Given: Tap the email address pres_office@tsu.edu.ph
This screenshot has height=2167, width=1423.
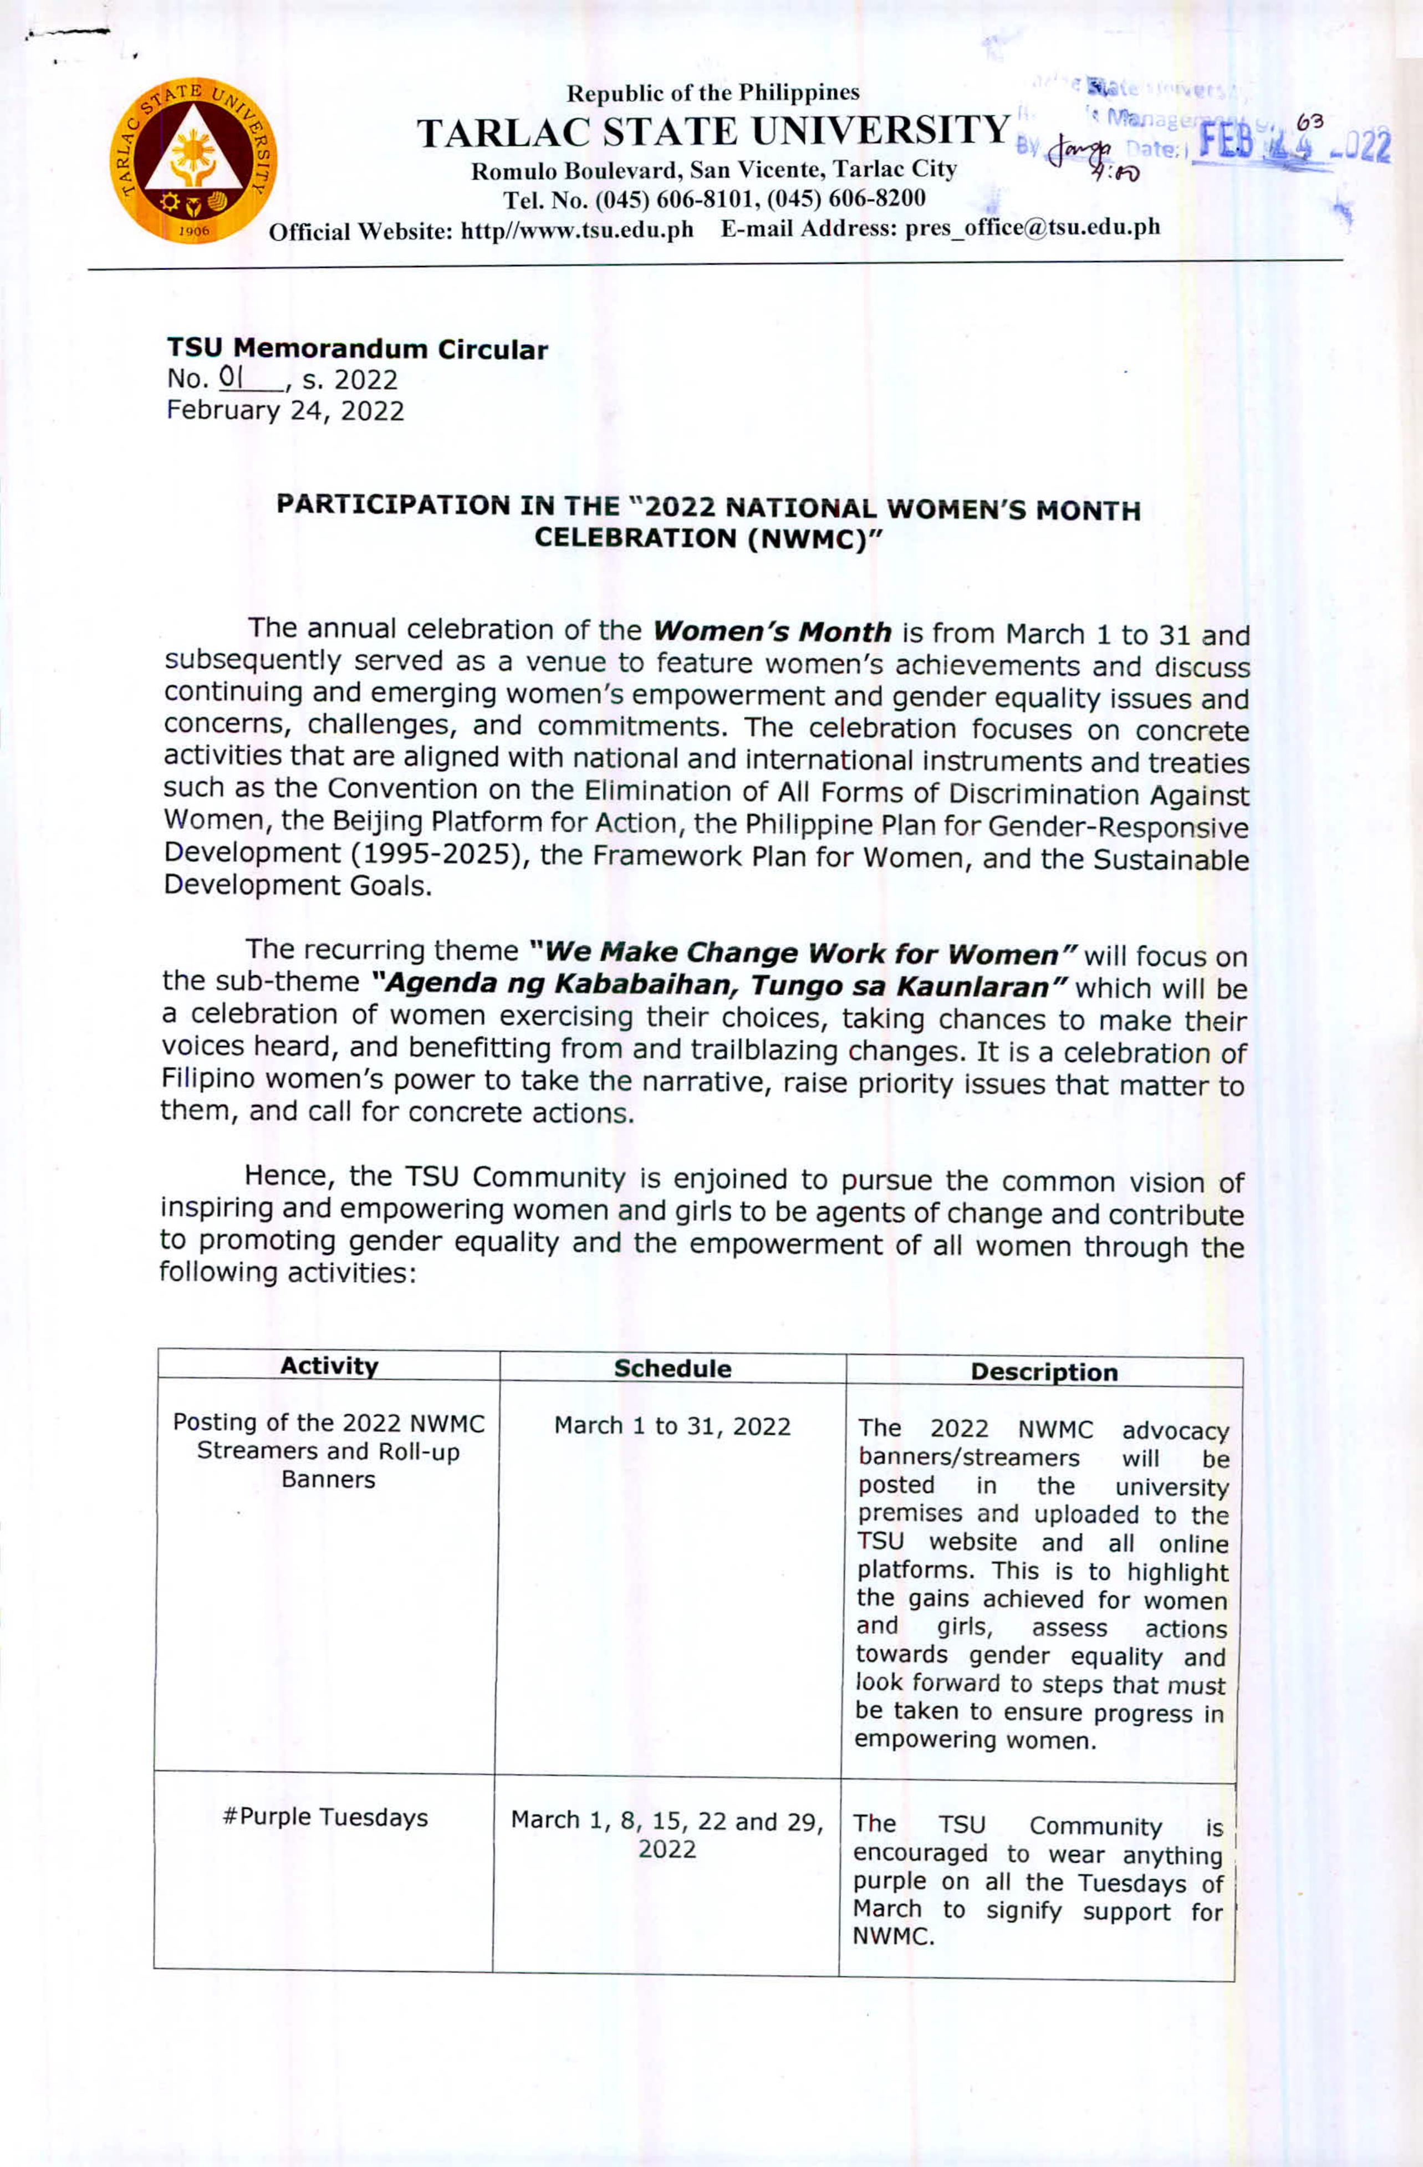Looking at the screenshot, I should point(1032,228).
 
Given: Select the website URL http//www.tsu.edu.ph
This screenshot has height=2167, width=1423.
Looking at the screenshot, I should point(577,231).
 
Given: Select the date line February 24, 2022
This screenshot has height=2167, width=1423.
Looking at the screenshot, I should point(285,411).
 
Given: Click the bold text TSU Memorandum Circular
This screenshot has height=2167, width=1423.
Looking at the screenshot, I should point(357,349).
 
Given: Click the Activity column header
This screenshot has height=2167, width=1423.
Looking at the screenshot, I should point(329,1366).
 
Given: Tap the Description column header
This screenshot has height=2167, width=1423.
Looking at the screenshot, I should point(1043,1372).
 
